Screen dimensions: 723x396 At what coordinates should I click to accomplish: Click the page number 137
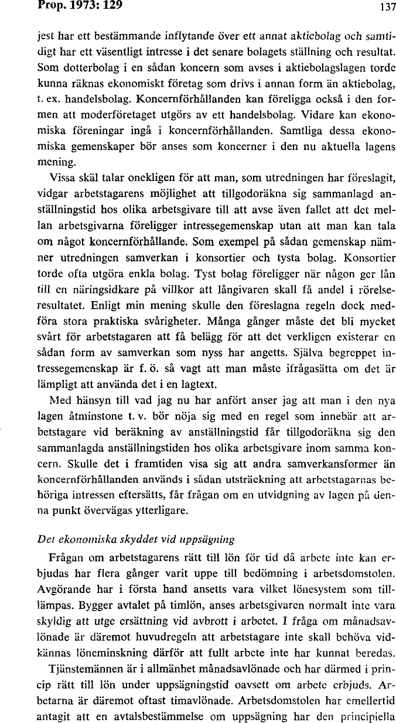coord(387,8)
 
